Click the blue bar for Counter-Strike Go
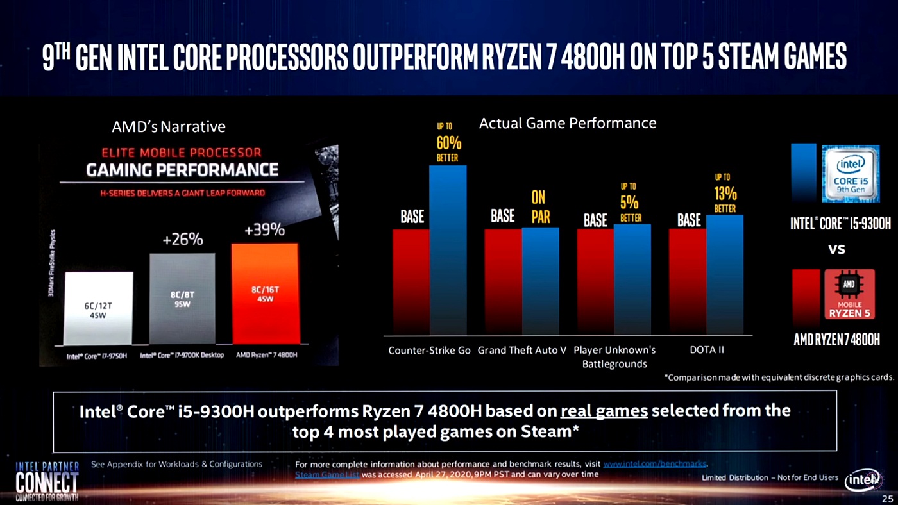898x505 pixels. click(448, 250)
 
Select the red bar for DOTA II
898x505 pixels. click(688, 282)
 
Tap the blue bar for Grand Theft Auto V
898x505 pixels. click(540, 281)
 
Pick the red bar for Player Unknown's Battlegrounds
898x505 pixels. click(595, 282)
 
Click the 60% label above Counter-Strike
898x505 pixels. click(448, 144)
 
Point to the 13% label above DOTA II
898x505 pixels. click(725, 194)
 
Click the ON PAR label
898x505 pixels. click(540, 207)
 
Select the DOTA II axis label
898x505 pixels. click(706, 350)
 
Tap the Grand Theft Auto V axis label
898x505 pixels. click(521, 350)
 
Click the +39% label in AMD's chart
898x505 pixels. click(264, 230)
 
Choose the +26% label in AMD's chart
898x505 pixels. click(182, 240)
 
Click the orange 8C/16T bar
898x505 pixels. click(265, 294)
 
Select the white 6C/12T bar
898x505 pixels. click(99, 308)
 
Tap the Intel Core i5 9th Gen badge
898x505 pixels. click(850, 174)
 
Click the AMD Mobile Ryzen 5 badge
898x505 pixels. click(849, 294)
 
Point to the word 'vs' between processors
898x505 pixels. click(836, 249)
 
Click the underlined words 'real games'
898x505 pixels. click(604, 410)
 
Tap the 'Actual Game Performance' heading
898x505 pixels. click(568, 123)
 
